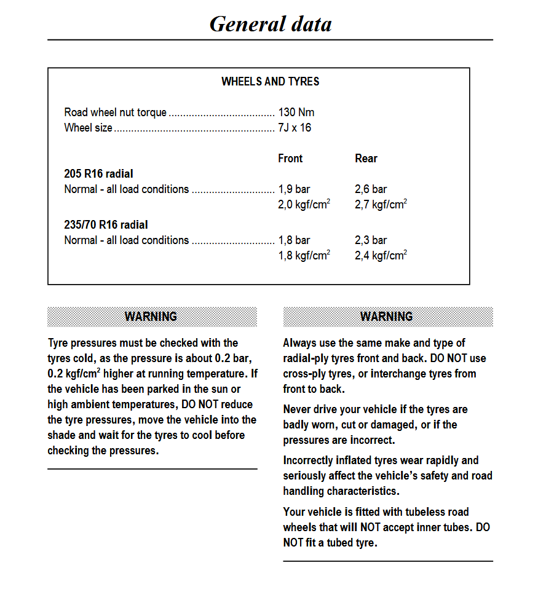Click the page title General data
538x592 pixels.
click(271, 24)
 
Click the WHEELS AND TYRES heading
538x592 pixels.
click(270, 81)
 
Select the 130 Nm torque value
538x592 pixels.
click(296, 112)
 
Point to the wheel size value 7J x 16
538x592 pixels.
click(295, 128)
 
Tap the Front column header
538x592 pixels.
click(290, 159)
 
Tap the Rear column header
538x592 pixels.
click(366, 159)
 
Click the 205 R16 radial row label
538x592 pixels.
click(98, 174)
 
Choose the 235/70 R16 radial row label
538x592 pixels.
click(106, 225)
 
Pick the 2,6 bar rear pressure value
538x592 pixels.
click(371, 189)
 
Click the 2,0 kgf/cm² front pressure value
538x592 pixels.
click(304, 205)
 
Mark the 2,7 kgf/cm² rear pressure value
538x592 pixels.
click(381, 205)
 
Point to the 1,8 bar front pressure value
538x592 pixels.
click(294, 240)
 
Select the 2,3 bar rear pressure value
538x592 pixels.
click(371, 240)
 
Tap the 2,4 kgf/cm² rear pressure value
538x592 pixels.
click(381, 256)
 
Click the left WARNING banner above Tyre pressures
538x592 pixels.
click(151, 317)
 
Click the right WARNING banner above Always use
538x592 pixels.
click(387, 317)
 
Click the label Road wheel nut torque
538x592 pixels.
click(115, 112)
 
